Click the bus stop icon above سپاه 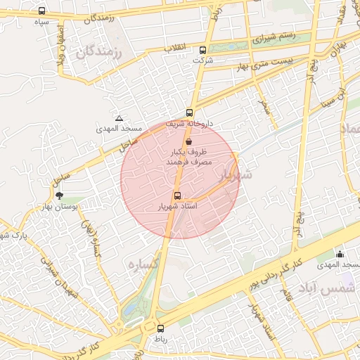click(42, 11)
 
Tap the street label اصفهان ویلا click(62, 46)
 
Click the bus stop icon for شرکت click(203, 50)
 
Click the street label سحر click(263, 107)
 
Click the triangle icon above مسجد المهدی click(119, 118)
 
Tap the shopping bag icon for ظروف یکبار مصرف click(188, 141)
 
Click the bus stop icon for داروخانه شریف click(189, 112)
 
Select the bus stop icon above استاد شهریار click(176, 196)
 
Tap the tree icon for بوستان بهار click(59, 195)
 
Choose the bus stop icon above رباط click(160, 328)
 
